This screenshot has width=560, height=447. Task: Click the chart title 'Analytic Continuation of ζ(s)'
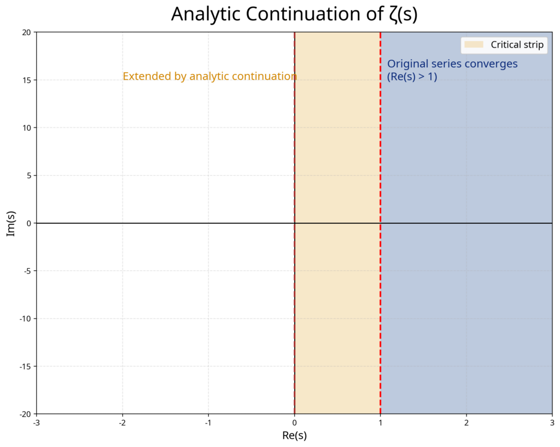pos(294,15)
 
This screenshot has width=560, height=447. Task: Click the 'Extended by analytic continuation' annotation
pos(209,77)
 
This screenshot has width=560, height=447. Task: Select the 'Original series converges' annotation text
pos(452,64)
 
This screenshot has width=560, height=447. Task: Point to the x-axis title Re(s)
pos(294,436)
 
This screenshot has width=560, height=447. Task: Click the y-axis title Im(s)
pos(11,223)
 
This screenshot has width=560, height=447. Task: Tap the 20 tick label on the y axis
pos(25,33)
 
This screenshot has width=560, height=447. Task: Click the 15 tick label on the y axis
pos(25,80)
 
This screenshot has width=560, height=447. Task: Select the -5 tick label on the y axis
pos(26,271)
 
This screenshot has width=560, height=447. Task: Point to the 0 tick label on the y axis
pos(27,223)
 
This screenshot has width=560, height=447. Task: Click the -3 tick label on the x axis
pos(36,423)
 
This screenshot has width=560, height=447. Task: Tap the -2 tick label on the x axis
pos(122,423)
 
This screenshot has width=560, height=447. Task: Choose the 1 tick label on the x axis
pos(380,423)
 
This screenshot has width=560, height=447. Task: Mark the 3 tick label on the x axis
pos(552,423)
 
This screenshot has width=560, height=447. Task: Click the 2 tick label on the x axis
pos(466,423)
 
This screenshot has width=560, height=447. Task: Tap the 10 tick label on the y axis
pos(25,128)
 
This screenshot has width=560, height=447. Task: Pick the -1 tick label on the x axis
pos(208,423)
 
